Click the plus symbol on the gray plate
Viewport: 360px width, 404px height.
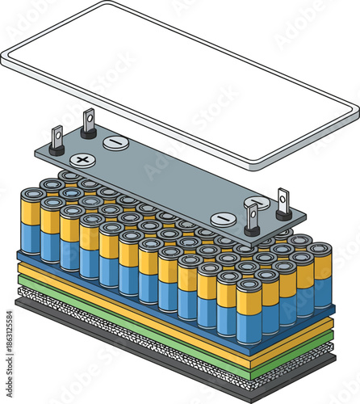pos(81,160)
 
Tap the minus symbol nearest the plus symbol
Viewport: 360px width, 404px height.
pos(115,143)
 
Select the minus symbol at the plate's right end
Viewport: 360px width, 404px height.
pos(224,219)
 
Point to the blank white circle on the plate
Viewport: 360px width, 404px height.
pos(258,202)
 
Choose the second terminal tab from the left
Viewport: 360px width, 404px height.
pos(88,124)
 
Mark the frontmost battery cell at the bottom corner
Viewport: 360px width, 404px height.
pos(249,311)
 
